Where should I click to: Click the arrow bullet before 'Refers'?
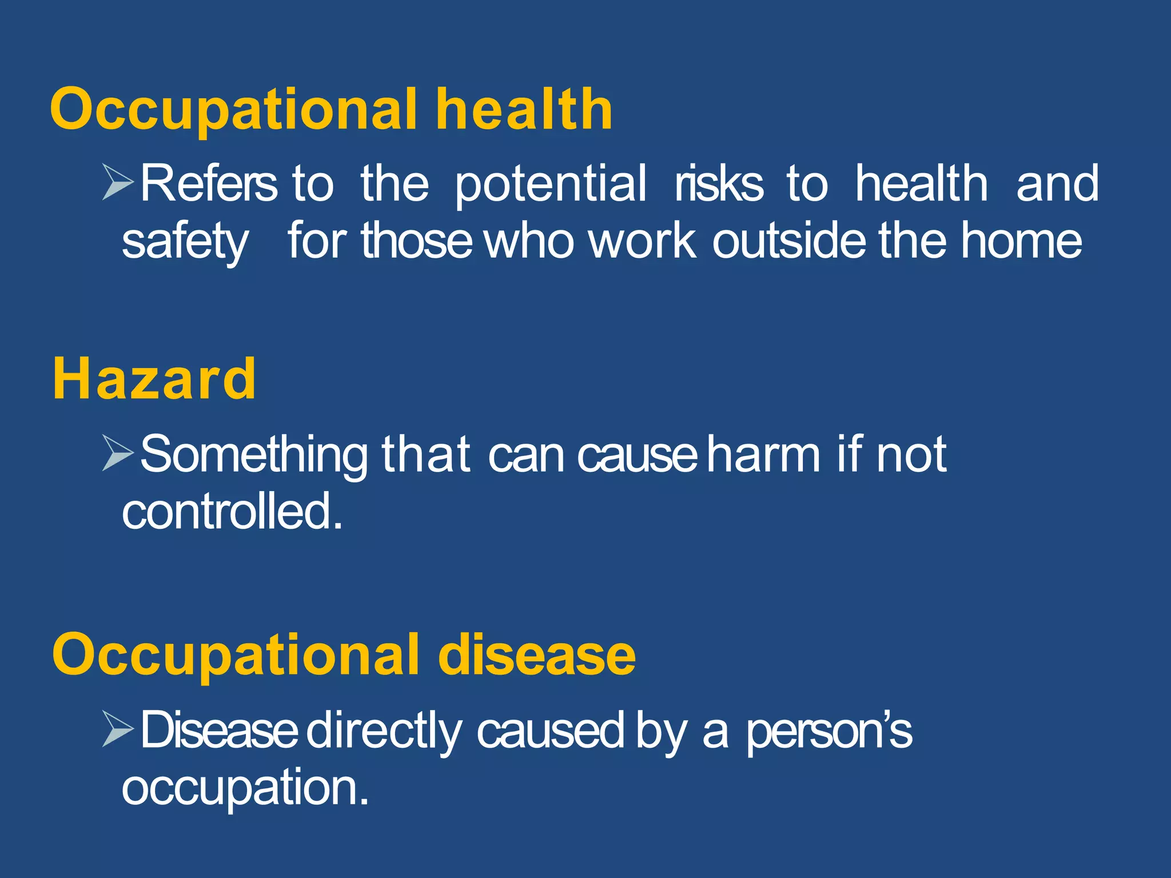tap(118, 182)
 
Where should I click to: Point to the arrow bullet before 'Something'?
tap(118, 453)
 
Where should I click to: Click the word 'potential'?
tap(551, 184)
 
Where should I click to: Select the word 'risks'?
tap(719, 184)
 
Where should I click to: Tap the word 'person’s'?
tap(829, 731)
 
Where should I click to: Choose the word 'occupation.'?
tap(245, 788)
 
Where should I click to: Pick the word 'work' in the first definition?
tap(642, 241)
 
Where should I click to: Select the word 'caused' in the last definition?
tap(550, 730)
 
